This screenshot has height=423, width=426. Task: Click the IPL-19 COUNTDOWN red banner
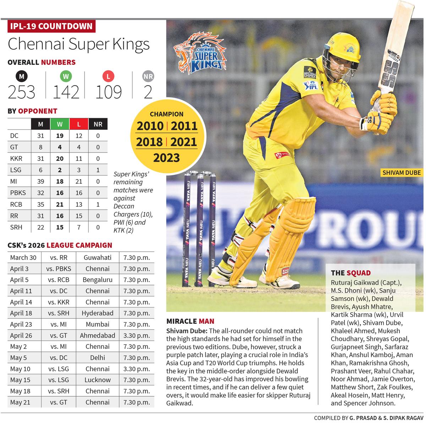(51, 26)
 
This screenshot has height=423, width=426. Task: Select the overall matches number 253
(22, 91)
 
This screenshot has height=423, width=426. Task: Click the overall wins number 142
(66, 91)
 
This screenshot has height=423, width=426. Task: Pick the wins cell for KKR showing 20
(60, 158)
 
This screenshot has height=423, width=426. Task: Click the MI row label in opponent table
(14, 181)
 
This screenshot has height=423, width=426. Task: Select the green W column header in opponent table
(60, 124)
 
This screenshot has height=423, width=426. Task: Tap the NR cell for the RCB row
(98, 204)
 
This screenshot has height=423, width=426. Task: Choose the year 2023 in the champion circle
(166, 157)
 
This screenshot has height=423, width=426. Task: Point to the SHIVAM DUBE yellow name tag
(401, 173)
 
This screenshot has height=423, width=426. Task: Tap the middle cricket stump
(200, 229)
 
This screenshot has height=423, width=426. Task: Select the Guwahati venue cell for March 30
(97, 258)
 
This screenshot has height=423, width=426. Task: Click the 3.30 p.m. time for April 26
(137, 335)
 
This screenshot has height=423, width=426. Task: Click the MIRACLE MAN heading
(190, 321)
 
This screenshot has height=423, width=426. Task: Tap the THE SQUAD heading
(351, 273)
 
